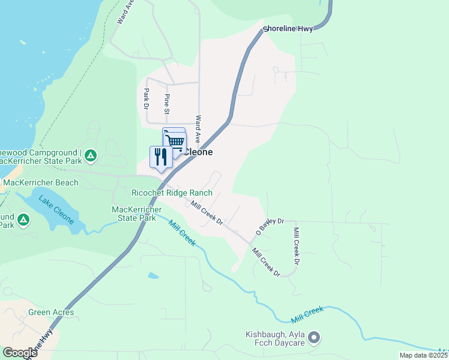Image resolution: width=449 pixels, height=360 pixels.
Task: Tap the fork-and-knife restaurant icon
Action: [x=160, y=157]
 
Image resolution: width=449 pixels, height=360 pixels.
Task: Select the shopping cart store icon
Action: [x=175, y=142]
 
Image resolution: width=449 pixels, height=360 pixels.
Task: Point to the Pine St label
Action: [x=167, y=104]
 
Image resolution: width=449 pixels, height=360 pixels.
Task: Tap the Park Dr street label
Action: [x=146, y=98]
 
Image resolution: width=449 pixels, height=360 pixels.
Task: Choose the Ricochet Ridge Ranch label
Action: [x=172, y=193]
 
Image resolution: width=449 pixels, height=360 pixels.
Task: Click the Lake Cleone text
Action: [x=56, y=210]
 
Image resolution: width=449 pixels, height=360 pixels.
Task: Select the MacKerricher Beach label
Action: [x=40, y=182]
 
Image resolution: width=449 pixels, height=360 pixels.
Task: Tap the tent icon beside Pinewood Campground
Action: [x=90, y=156]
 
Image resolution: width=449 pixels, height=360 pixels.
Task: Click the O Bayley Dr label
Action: [x=270, y=226]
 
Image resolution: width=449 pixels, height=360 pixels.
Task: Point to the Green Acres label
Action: [x=51, y=312]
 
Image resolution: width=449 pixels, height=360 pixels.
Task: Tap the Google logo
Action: [x=19, y=352]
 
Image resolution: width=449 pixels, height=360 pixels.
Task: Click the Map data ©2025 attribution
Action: [x=424, y=355]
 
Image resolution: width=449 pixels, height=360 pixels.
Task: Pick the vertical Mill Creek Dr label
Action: [x=295, y=246]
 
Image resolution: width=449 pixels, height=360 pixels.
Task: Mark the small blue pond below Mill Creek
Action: [x=154, y=276]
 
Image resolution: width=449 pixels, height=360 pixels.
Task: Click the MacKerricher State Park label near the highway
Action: [x=136, y=213]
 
